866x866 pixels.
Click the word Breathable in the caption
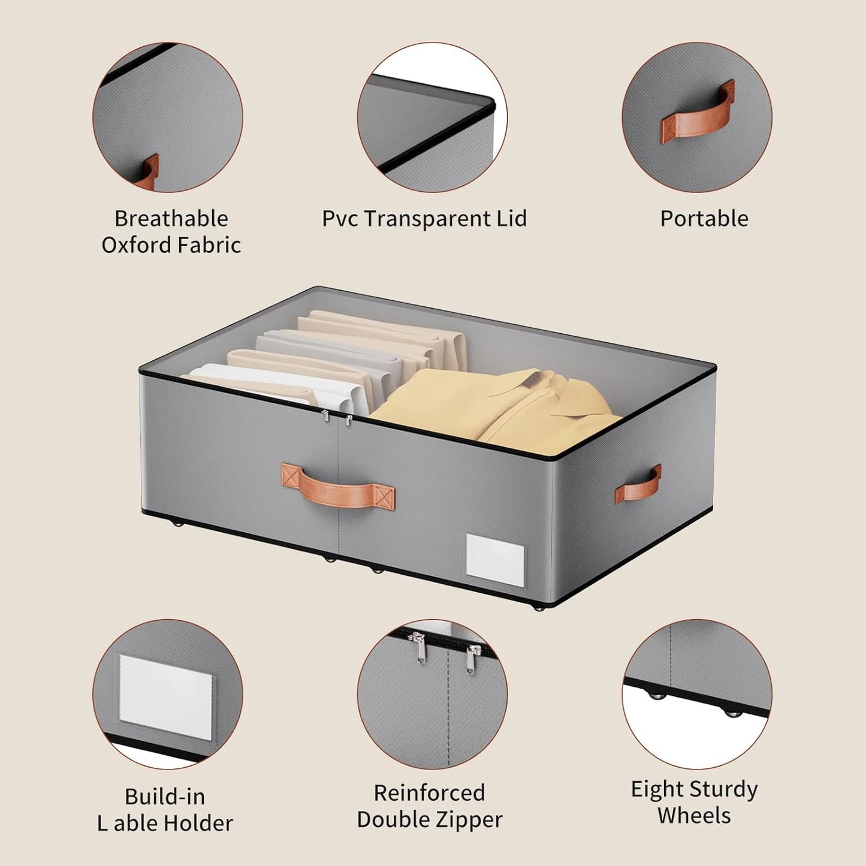point(171,219)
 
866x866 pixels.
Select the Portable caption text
point(704,219)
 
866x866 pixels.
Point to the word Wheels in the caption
point(694,816)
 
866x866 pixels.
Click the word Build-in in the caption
point(165,796)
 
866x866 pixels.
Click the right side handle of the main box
point(638,484)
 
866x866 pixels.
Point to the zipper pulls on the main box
point(336,417)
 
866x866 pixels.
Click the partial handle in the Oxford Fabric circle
point(147,172)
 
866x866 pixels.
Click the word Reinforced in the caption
point(429,793)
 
